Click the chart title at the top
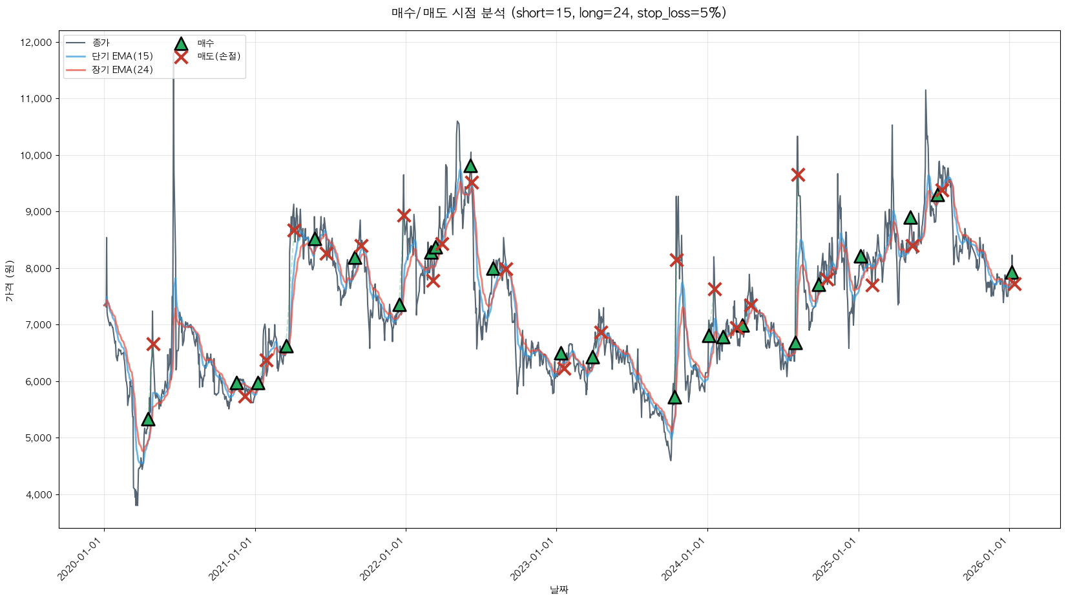[x=559, y=13]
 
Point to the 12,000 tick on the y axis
[x=36, y=43]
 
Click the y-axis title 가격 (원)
[x=9, y=279]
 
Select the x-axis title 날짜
[x=559, y=589]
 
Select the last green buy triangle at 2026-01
[x=1012, y=273]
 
